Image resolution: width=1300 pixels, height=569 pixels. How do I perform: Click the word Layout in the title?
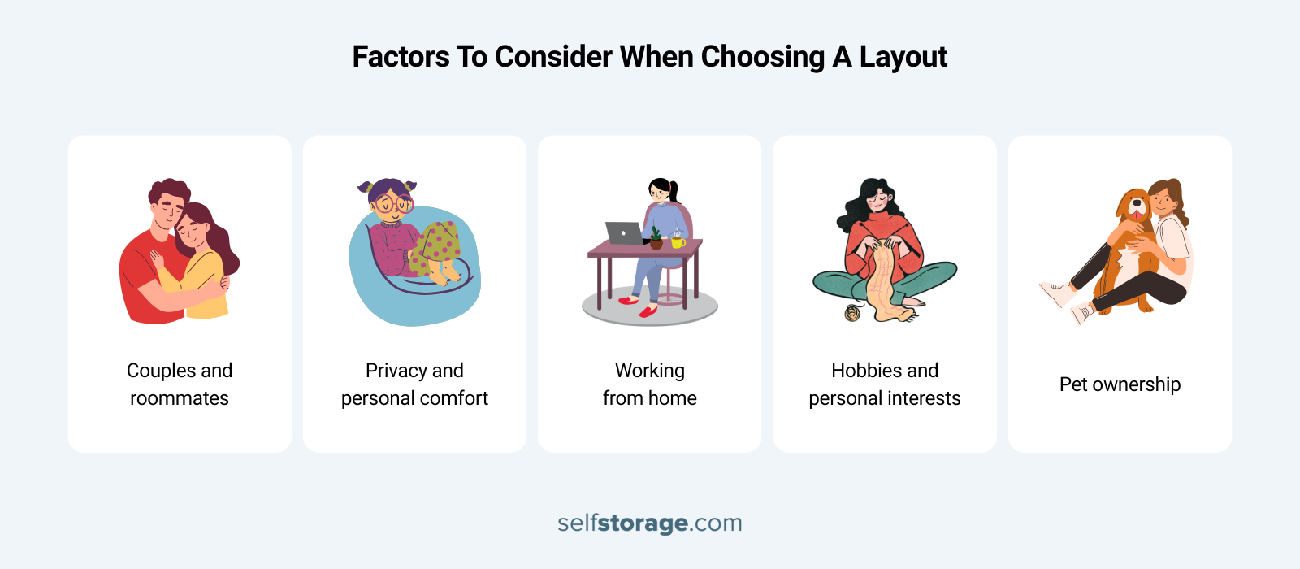pyautogui.click(x=903, y=57)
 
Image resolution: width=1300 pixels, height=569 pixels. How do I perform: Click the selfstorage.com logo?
pyautogui.click(x=650, y=523)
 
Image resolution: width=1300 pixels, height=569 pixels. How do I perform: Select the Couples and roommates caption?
pyautogui.click(x=180, y=384)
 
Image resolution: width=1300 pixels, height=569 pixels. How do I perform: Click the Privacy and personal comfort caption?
pyautogui.click(x=414, y=384)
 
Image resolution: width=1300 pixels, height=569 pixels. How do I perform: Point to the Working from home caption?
pyautogui.click(x=650, y=384)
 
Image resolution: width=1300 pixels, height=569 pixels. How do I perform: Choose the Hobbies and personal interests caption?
pyautogui.click(x=885, y=384)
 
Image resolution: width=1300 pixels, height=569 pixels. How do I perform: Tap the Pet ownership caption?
pyautogui.click(x=1120, y=384)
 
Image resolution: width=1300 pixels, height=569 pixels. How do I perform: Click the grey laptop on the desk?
pyautogui.click(x=623, y=233)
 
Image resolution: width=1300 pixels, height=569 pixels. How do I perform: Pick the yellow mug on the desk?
pyautogui.click(x=677, y=241)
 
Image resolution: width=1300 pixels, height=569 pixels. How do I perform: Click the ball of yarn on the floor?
pyautogui.click(x=852, y=312)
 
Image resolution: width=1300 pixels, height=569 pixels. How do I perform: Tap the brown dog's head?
pyautogui.click(x=1133, y=206)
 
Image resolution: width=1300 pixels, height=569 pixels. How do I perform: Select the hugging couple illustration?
pyautogui.click(x=180, y=252)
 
